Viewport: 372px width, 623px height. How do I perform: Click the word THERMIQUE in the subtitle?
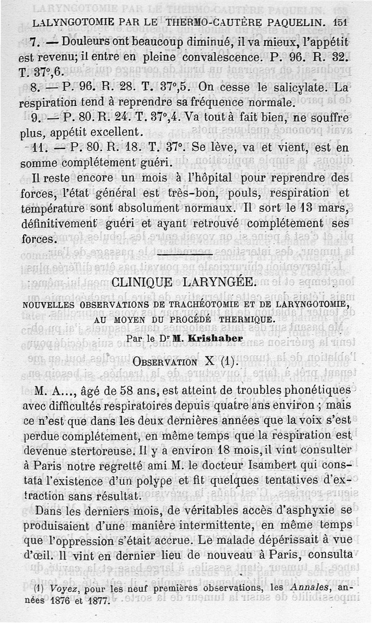click(244, 320)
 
